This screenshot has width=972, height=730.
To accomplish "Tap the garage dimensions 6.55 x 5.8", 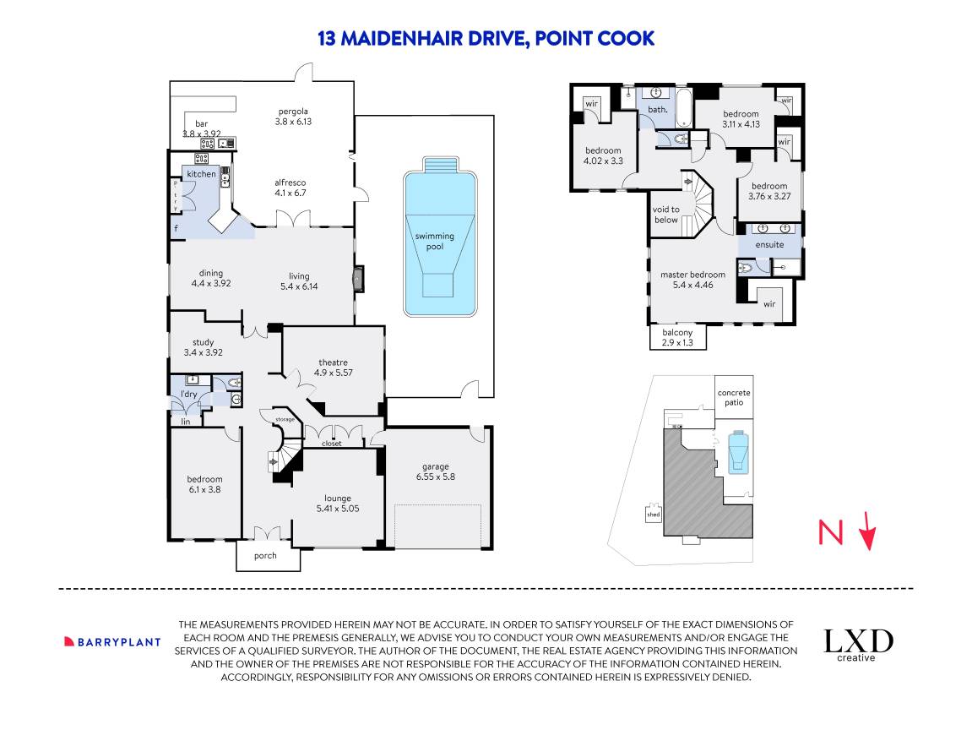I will [x=436, y=477].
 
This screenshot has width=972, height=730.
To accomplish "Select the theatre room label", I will [x=333, y=362].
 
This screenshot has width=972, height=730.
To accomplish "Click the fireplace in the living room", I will [x=359, y=277].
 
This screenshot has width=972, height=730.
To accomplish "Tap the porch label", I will [x=265, y=556].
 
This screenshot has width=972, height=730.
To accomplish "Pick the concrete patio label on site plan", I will [x=734, y=397].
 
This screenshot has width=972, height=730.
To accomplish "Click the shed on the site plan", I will [x=653, y=514].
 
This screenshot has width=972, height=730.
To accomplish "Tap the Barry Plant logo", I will [x=112, y=641].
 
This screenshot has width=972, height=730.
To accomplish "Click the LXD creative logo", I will [x=858, y=644].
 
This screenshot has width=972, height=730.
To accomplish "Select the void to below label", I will [x=666, y=215].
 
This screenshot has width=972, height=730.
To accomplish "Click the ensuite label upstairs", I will [x=769, y=245].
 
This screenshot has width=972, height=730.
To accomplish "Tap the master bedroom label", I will [x=692, y=275].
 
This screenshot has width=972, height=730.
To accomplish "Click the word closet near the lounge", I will [x=331, y=443].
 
